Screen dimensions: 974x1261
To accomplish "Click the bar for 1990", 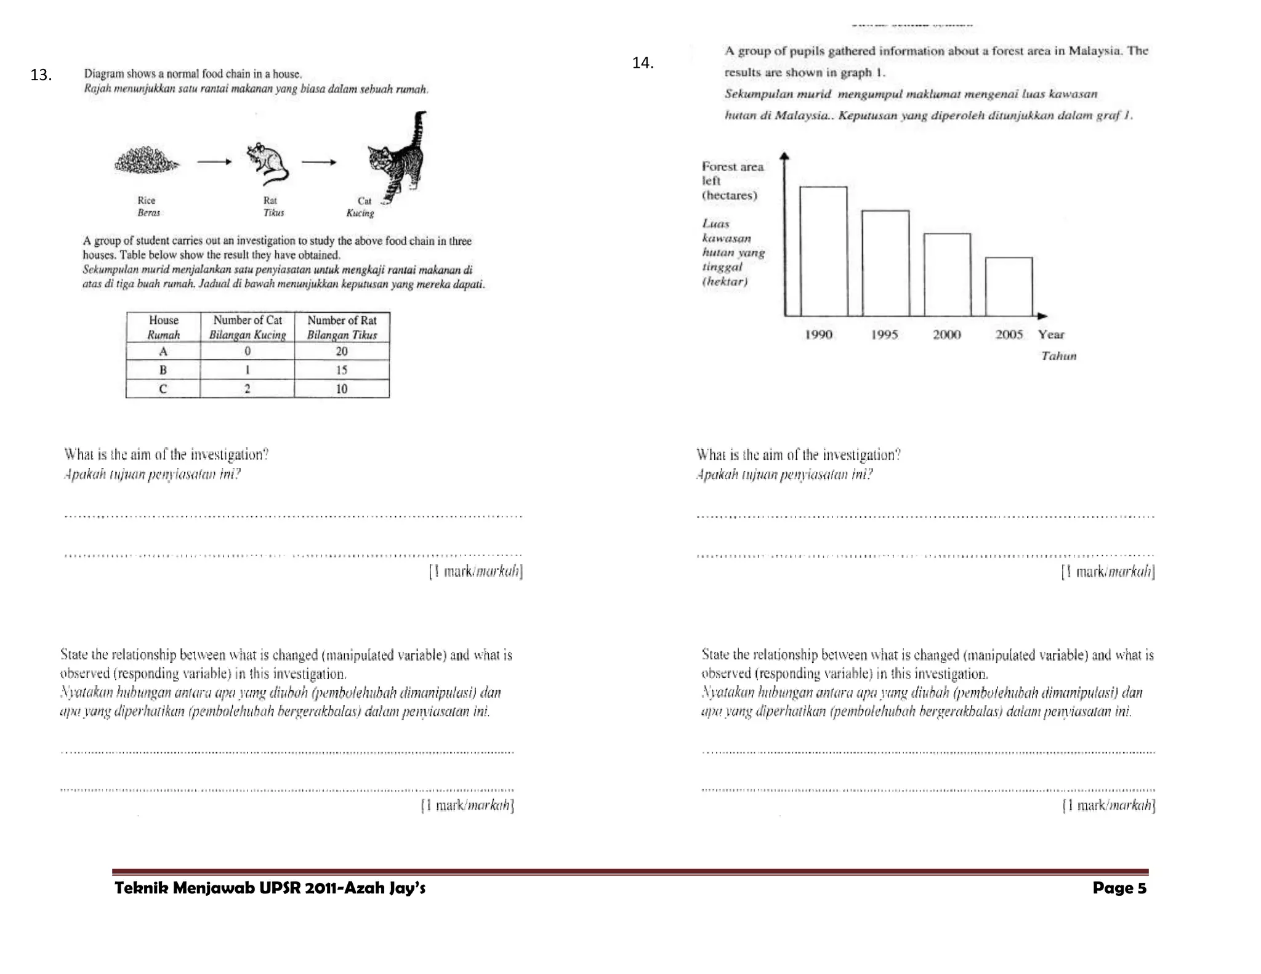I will coord(823,251).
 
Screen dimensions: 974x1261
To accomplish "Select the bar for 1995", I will coord(885,263).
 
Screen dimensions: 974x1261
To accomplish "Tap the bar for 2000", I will coord(947,275).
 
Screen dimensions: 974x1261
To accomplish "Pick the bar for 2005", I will coord(1009,286).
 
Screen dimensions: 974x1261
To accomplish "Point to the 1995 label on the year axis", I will coord(884,334).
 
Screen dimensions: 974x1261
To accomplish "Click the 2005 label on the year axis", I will coord(1009,334).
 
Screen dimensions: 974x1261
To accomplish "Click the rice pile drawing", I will coord(147,162).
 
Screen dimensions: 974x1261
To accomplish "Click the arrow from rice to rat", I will coord(214,162).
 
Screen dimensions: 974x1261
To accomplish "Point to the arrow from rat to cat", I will coord(319,163).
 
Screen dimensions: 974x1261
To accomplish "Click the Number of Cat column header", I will coord(248,327).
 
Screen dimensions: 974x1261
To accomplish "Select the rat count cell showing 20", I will coord(342,351).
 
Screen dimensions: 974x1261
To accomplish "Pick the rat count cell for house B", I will coord(342,370).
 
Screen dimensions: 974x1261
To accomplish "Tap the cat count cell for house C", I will coord(248,388).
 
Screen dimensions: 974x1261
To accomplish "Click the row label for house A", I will coord(163,351).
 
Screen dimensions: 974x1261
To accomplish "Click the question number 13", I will coord(41,75).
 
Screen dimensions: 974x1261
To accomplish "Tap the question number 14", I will coord(643,63).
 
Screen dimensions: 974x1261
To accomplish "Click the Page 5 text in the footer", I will coord(1119,888).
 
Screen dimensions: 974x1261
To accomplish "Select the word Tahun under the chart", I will coord(1058,356).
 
